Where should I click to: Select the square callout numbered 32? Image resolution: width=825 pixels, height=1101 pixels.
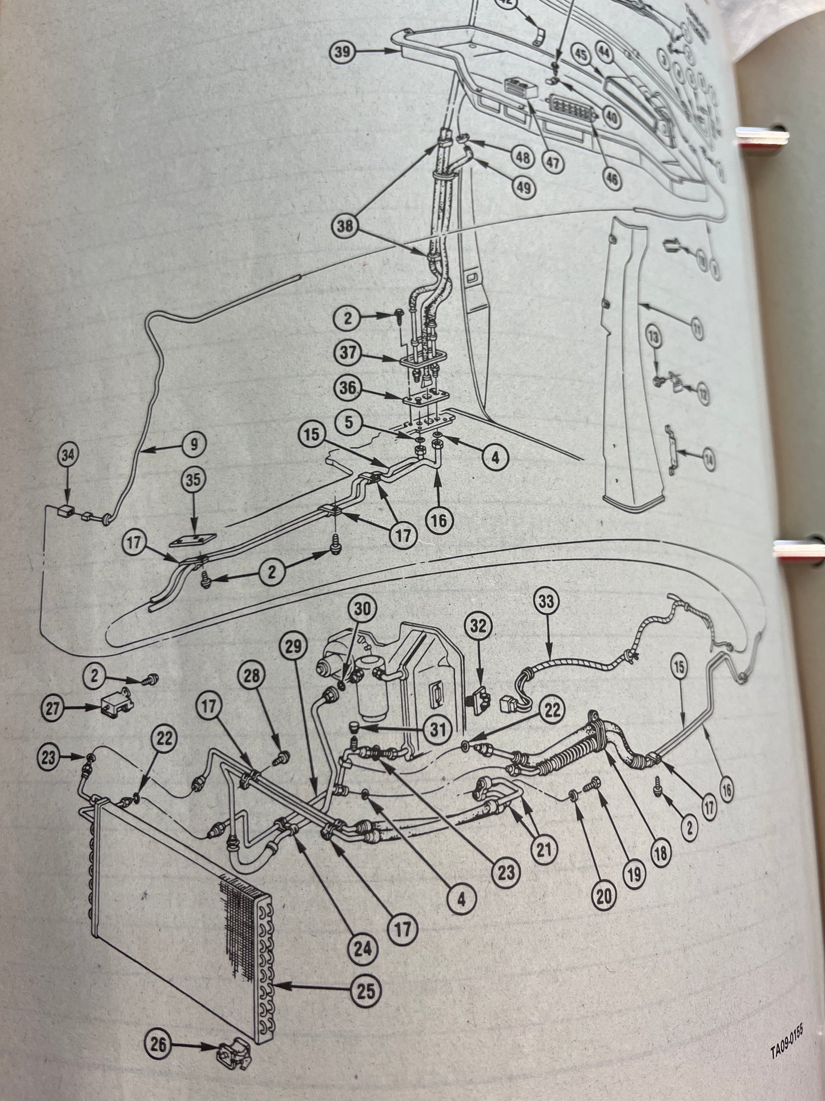(x=478, y=626)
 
